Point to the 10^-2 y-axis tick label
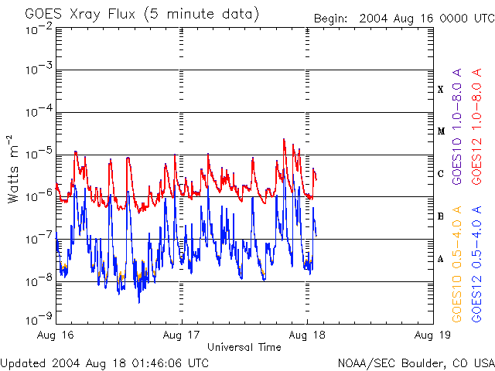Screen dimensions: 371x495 pyautogui.click(x=39, y=29)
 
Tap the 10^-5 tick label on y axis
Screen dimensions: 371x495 pyautogui.click(x=39, y=153)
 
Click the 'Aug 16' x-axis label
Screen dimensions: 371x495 pyautogui.click(x=56, y=335)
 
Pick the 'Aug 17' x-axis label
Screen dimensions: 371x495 pyautogui.click(x=182, y=335)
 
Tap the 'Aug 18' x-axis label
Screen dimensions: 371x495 pyautogui.click(x=307, y=335)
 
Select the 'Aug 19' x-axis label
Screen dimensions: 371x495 pyautogui.click(x=432, y=335)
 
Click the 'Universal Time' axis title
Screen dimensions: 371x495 pyautogui.click(x=244, y=347)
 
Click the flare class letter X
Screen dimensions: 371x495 pyautogui.click(x=441, y=90)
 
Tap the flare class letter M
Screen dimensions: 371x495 pyautogui.click(x=441, y=131)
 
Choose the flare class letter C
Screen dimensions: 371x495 pyautogui.click(x=441, y=174)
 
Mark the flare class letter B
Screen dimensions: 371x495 pyautogui.click(x=441, y=216)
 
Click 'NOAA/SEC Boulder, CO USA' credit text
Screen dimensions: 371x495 pyautogui.click(x=416, y=362)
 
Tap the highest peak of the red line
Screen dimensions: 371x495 pyautogui.click(x=285, y=139)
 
